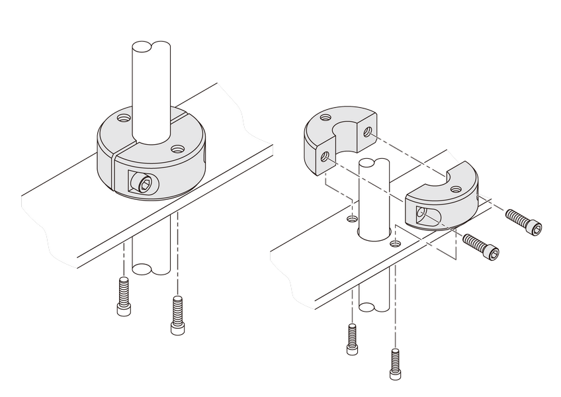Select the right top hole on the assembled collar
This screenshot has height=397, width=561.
[177, 149]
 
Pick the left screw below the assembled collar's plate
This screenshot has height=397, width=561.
[124, 296]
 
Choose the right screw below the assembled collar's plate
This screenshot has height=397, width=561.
[177, 315]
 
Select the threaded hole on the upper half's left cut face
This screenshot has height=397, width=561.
[325, 157]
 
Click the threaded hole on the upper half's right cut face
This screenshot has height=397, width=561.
[368, 132]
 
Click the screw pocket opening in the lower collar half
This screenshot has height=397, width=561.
[420, 213]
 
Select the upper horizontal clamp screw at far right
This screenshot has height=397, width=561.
[523, 222]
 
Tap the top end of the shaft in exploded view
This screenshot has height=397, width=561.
[372, 163]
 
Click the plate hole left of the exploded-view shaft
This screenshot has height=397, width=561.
[353, 218]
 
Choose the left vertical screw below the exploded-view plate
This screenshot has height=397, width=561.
[351, 339]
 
